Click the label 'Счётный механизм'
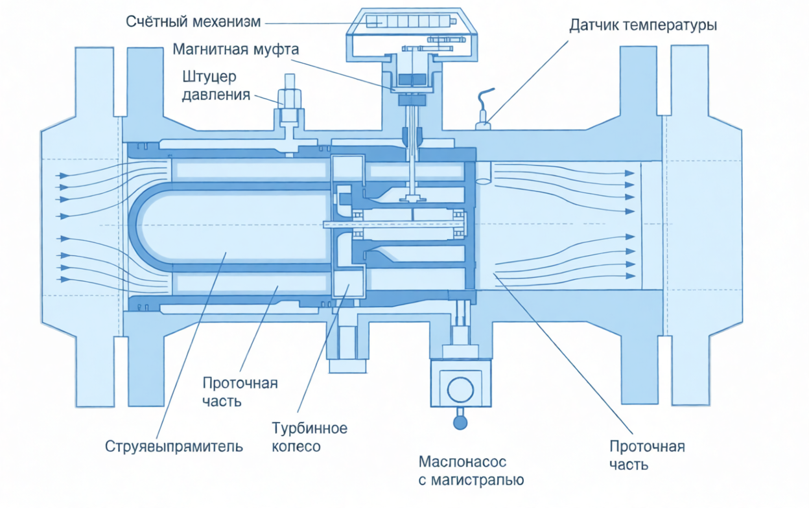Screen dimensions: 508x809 point(193,22)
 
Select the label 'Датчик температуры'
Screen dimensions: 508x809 point(642,26)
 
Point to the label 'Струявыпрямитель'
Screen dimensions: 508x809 point(174,446)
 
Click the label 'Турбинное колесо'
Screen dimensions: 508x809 point(309,437)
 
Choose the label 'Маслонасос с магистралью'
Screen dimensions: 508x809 point(471,471)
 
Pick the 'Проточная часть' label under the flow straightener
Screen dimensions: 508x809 point(240,392)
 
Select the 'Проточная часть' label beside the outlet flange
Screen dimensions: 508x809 point(647,456)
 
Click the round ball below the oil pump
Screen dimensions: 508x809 point(460,422)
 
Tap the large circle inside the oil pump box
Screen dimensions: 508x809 point(460,389)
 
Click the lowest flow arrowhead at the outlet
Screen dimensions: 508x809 point(629,275)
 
